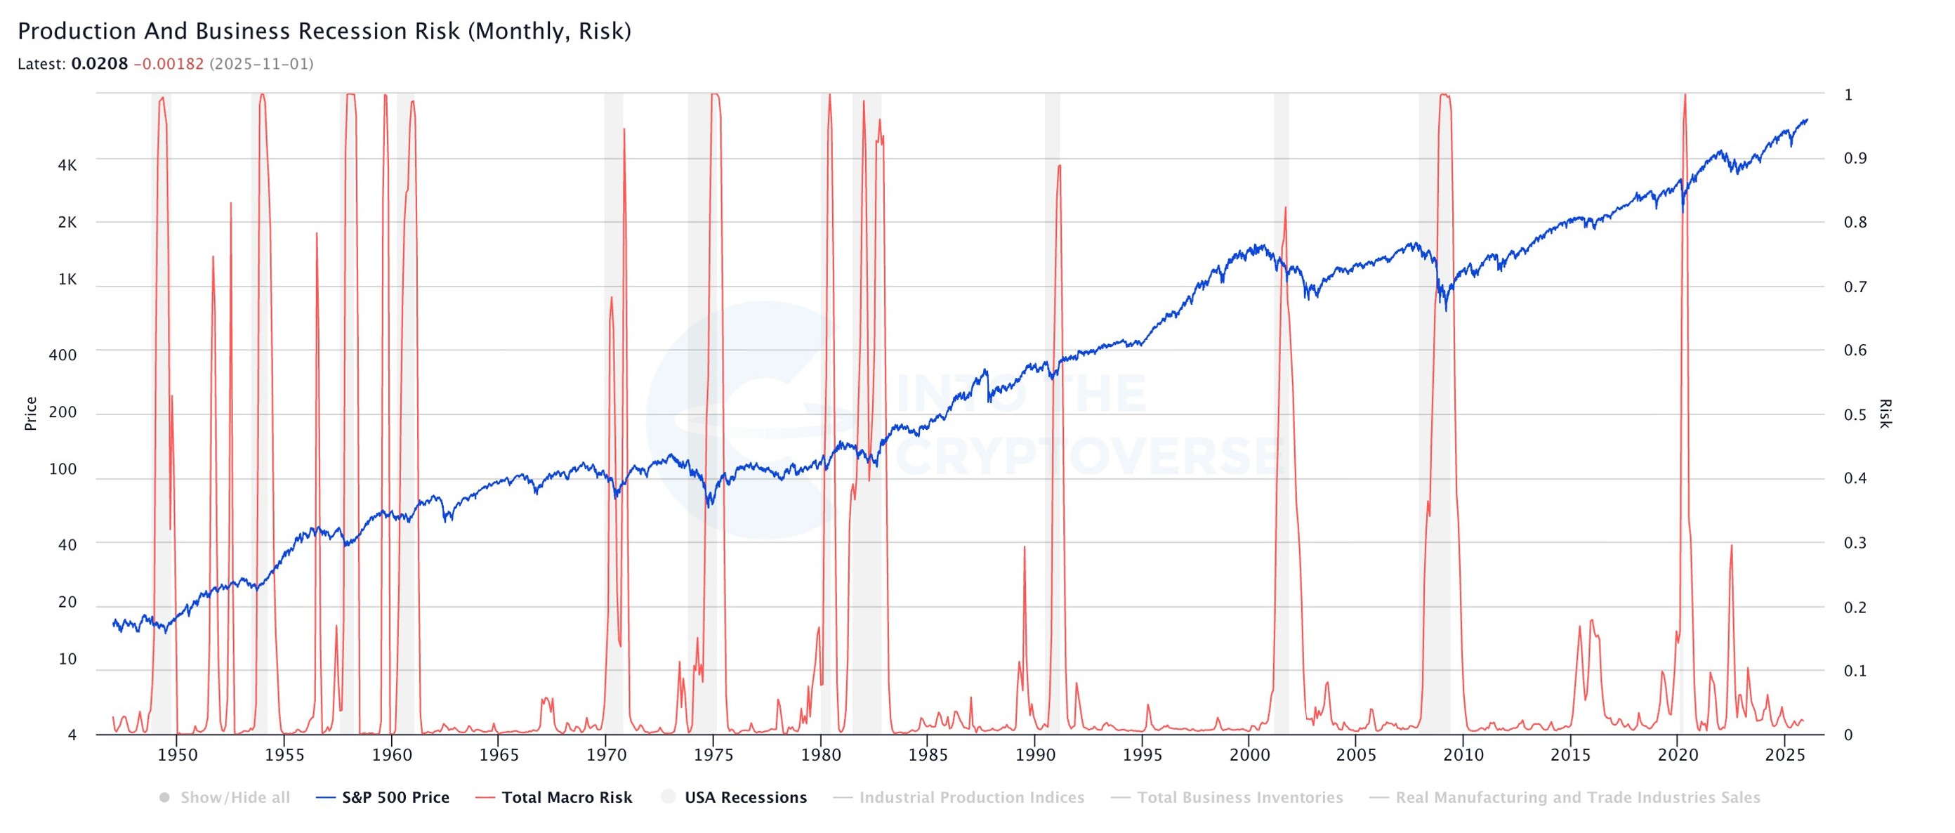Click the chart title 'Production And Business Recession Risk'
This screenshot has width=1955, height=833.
tap(324, 31)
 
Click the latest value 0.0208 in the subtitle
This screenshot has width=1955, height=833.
tap(100, 64)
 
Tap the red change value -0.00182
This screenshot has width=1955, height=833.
tap(169, 64)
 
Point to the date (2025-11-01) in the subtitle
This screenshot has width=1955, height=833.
tap(261, 64)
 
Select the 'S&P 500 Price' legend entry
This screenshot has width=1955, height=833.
tap(395, 797)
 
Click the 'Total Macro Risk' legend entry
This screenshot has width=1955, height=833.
tap(566, 797)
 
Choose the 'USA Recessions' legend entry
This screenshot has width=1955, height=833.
tap(745, 797)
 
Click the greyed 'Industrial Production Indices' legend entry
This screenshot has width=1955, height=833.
tap(971, 797)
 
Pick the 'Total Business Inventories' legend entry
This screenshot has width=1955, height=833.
tap(1239, 797)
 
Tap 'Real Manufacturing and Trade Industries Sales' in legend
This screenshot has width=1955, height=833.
tap(1577, 797)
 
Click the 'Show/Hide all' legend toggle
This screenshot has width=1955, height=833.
tap(235, 797)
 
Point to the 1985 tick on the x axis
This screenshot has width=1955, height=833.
tap(928, 755)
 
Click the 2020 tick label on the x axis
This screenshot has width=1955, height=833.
tap(1677, 755)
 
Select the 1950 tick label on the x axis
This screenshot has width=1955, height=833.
tap(177, 755)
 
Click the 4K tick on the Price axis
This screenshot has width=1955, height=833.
tap(67, 166)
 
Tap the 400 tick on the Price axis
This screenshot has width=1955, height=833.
tap(62, 355)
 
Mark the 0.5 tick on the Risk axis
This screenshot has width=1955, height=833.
tap(1855, 414)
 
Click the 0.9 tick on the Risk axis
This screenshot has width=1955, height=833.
tap(1855, 158)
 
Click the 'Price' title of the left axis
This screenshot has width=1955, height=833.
tap(30, 414)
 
